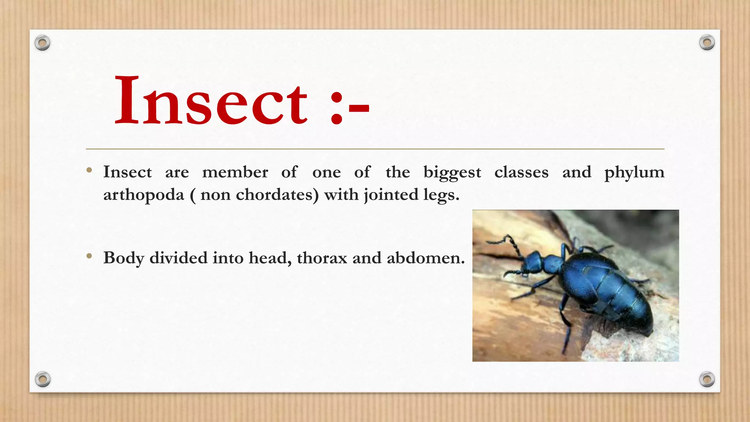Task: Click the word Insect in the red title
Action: (211, 101)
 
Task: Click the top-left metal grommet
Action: (42, 43)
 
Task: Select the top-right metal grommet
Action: (707, 43)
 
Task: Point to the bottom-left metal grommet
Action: (42, 379)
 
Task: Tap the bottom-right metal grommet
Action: (707, 379)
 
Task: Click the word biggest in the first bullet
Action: (452, 173)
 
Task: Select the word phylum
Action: (634, 173)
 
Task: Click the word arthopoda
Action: (144, 195)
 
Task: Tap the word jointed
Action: (391, 195)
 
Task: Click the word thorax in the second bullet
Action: (322, 258)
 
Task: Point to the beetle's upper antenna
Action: (505, 242)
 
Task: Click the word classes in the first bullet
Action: (521, 172)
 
